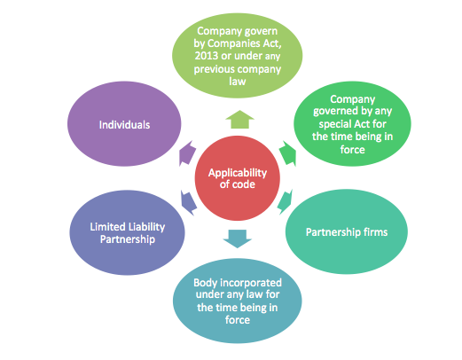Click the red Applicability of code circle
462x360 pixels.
pos(238,178)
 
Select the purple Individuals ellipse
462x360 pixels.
pos(124,123)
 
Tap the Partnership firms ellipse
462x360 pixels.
pos(347,231)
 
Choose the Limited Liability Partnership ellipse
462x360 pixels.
pos(127,232)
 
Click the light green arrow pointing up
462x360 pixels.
pos(239,120)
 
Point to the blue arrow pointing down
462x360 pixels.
pos(238,239)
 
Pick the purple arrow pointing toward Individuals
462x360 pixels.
pos(187,153)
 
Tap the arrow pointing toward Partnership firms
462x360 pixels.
pos(286,201)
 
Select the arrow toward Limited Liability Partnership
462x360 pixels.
pos(188,203)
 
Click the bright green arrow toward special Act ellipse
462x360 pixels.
pos(287,153)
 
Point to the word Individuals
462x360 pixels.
pos(124,125)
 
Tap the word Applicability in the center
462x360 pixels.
pos(238,173)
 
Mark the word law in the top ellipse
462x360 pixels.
pos(238,82)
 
